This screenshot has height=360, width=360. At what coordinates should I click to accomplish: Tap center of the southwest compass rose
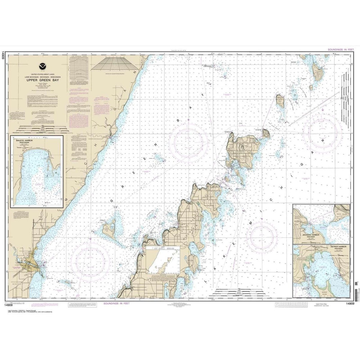90,260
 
